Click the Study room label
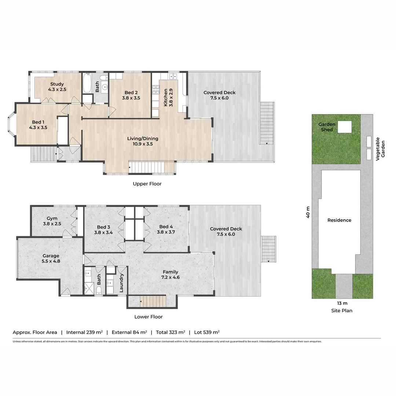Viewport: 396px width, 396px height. pyautogui.click(x=57, y=84)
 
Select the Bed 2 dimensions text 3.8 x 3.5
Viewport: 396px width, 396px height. pyautogui.click(x=131, y=98)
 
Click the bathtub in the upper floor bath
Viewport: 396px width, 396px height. pyautogui.click(x=87, y=83)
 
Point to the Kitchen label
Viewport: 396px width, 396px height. pyautogui.click(x=165, y=97)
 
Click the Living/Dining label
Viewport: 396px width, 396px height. pyautogui.click(x=143, y=139)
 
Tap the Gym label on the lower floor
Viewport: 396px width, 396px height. pyautogui.click(x=52, y=218)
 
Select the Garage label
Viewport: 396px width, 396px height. pyautogui.click(x=51, y=256)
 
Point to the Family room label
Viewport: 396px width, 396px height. pyautogui.click(x=170, y=272)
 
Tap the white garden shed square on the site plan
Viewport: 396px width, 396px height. pyautogui.click(x=344, y=127)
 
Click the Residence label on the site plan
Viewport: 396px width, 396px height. pyautogui.click(x=339, y=220)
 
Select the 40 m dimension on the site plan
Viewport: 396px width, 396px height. pyautogui.click(x=308, y=212)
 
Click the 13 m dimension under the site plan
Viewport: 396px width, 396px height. pyautogui.click(x=342, y=303)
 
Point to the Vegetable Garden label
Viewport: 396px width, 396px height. pyautogui.click(x=380, y=149)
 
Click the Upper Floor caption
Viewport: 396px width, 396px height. pyautogui.click(x=147, y=184)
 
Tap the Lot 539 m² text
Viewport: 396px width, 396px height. pyautogui.click(x=206, y=332)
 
